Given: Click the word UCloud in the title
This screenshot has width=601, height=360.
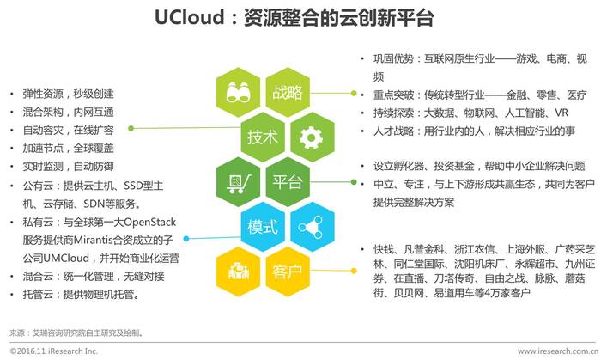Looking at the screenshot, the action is click(x=189, y=17).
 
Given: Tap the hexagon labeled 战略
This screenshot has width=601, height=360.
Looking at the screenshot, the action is click(x=288, y=93).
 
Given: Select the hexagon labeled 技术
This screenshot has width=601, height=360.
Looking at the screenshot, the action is click(x=263, y=137).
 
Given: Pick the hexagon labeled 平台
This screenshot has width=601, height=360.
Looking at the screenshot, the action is click(x=288, y=182).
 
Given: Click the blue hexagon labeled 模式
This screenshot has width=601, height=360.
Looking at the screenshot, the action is click(x=263, y=227).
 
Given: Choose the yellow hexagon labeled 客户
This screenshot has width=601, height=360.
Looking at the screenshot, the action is click(x=288, y=272).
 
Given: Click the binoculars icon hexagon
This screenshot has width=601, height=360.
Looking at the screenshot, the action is click(x=238, y=93).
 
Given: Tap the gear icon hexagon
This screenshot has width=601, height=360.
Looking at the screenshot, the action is click(x=312, y=137).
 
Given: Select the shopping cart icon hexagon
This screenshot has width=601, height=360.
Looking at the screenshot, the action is click(x=238, y=182).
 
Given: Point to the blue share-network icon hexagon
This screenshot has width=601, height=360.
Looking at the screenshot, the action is click(x=312, y=227).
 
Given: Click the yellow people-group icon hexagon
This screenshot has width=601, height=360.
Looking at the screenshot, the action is click(x=238, y=272).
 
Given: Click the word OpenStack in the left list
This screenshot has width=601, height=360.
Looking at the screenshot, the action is click(x=150, y=222).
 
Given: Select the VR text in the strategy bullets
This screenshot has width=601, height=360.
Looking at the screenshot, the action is click(x=562, y=113).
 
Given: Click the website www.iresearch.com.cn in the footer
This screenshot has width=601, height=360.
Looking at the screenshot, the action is click(x=558, y=351).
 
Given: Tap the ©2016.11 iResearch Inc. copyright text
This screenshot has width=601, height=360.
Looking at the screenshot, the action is click(x=53, y=351).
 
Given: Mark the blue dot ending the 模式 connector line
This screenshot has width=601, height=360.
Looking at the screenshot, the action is click(x=186, y=239).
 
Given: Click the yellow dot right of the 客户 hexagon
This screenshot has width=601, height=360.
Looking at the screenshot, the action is click(x=354, y=271).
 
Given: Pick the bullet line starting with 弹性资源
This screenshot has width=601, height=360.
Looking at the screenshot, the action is click(x=68, y=94).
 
